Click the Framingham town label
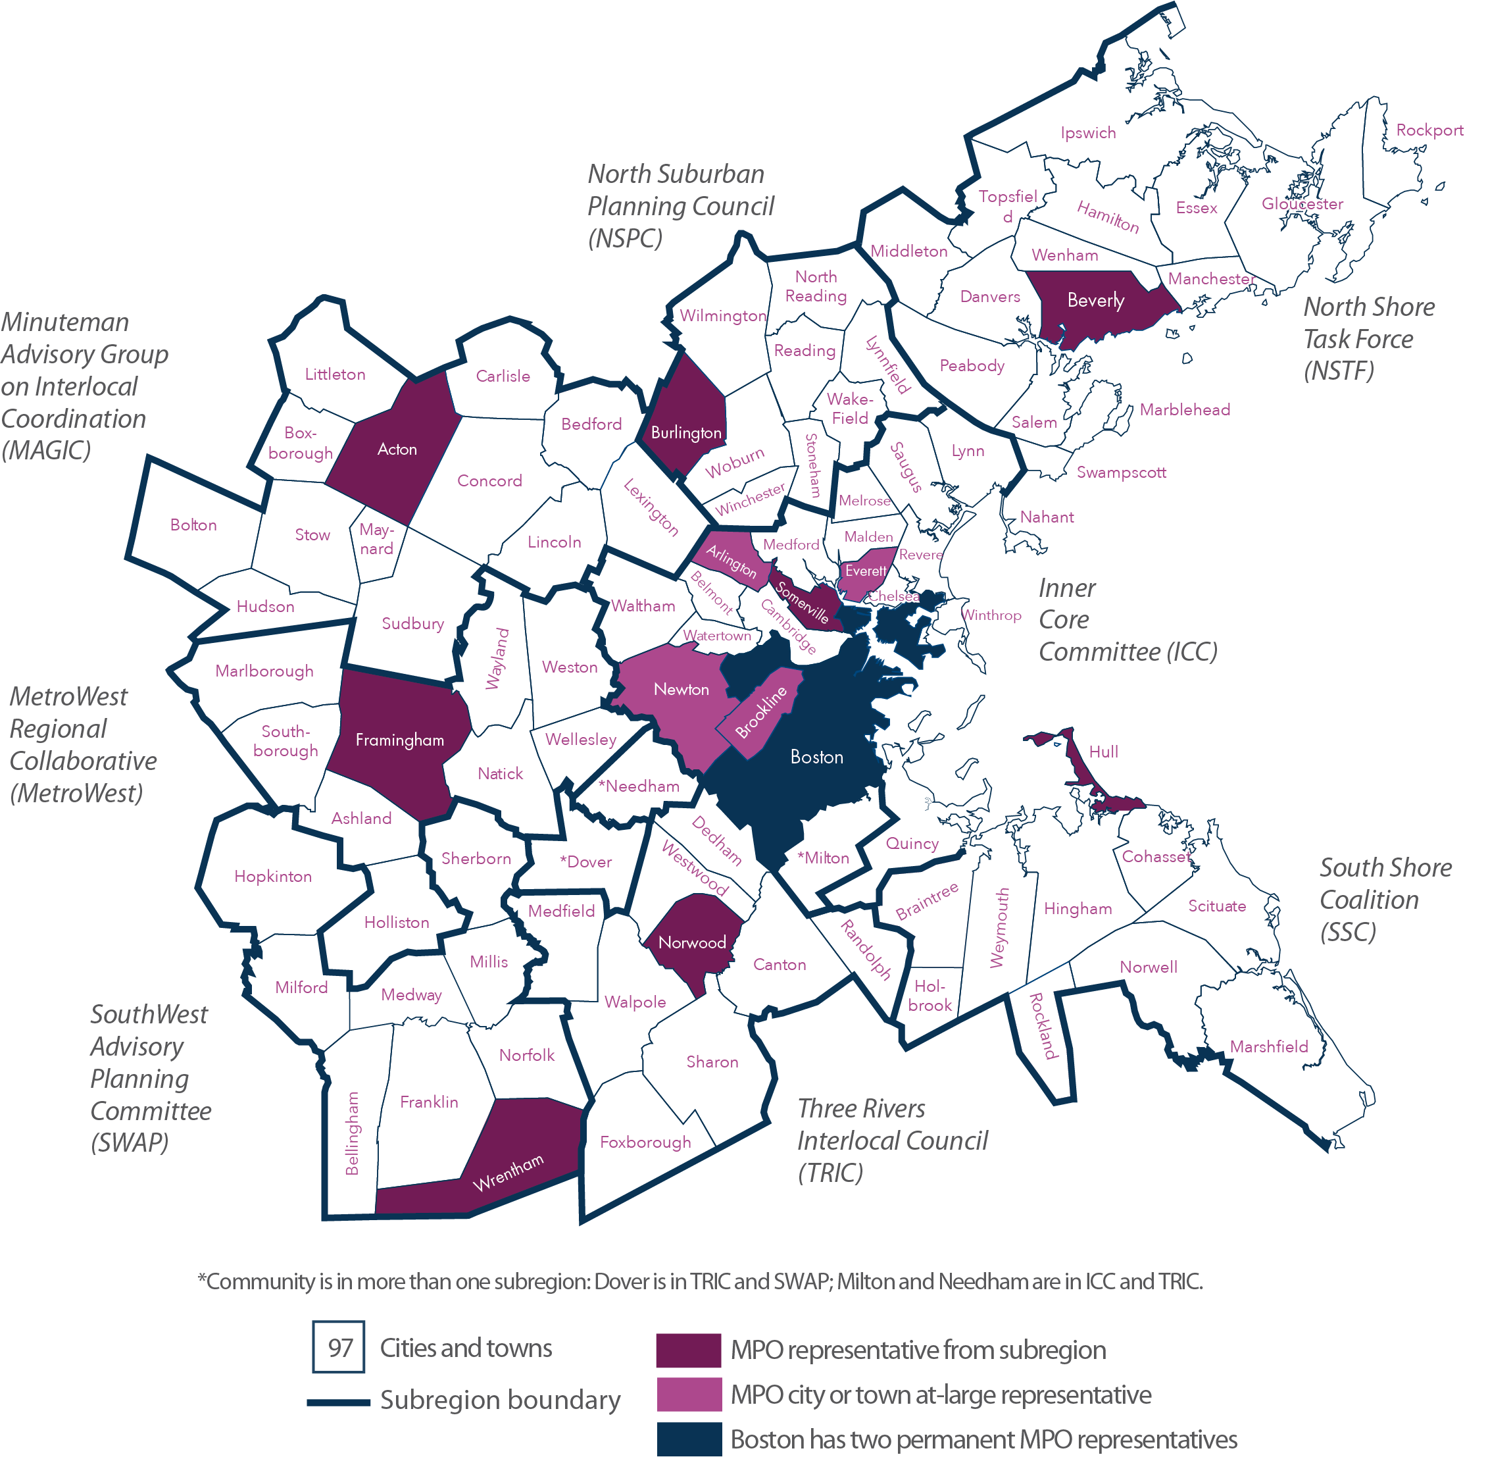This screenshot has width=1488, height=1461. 399,740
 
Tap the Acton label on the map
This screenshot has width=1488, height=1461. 397,449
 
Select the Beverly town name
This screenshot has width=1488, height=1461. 1095,301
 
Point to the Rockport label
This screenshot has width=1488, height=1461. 1429,130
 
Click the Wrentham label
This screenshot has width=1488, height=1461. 508,1173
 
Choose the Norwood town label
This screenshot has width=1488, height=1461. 692,943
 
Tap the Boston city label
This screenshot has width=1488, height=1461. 817,757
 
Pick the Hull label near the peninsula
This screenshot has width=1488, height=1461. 1103,752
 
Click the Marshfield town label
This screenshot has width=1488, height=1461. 1269,1046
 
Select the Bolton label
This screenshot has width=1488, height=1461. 193,525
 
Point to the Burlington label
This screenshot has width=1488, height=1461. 685,433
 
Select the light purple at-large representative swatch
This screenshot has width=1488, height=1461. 688,1395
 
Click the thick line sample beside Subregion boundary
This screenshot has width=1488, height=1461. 338,1402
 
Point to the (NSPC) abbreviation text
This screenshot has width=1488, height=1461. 625,239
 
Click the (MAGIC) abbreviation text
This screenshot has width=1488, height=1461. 46,450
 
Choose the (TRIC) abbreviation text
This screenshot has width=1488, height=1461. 831,1173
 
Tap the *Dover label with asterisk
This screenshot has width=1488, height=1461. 585,861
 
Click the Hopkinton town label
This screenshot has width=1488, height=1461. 273,877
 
